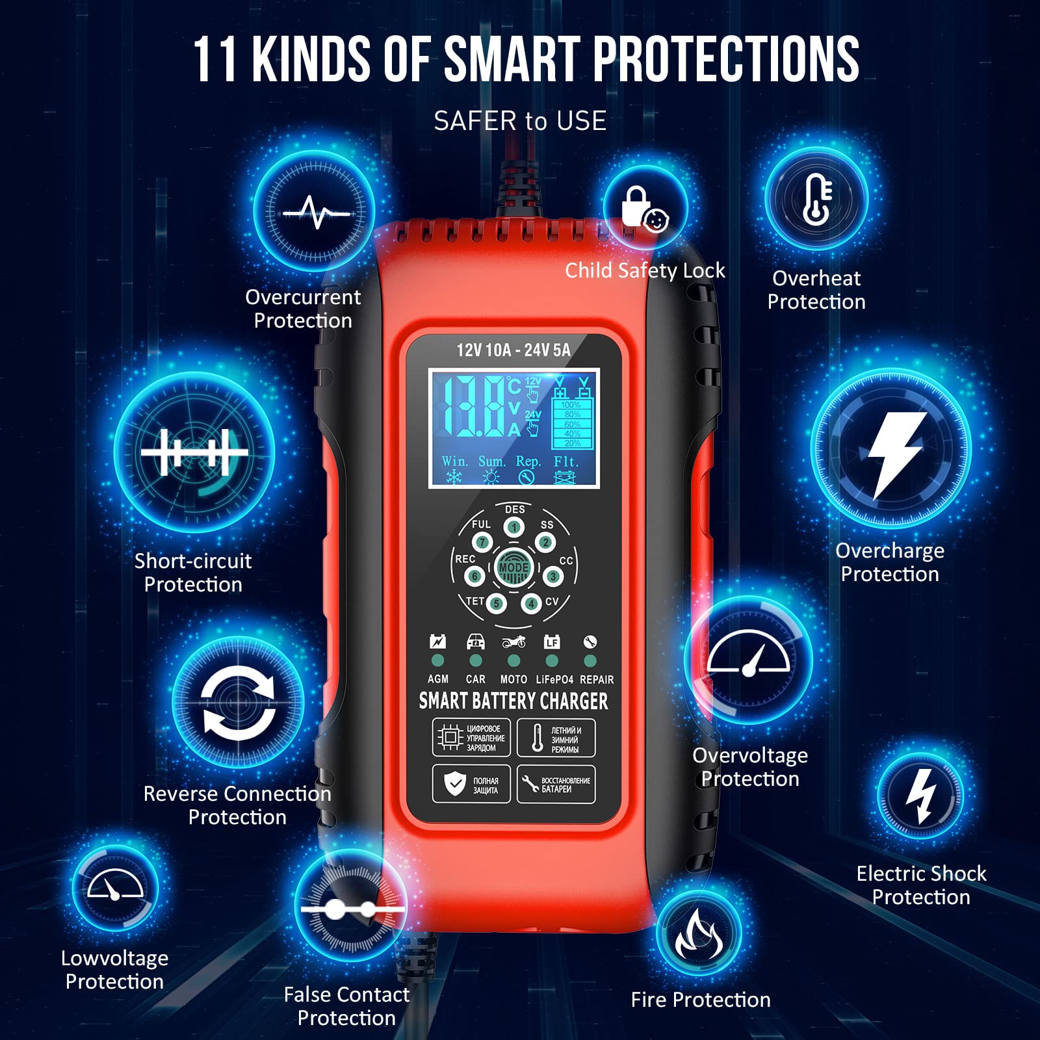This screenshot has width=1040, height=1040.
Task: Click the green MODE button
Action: pyautogui.click(x=513, y=568)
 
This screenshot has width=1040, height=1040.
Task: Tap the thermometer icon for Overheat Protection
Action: pyautogui.click(x=816, y=199)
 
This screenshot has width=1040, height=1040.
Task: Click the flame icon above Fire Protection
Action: pyautogui.click(x=699, y=933)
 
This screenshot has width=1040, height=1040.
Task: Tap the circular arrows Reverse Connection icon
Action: pyautogui.click(x=238, y=703)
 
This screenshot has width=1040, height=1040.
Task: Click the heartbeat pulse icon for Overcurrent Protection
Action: pyautogui.click(x=315, y=212)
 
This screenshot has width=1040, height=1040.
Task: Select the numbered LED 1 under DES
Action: pyautogui.click(x=514, y=527)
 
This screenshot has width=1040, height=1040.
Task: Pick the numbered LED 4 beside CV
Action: pyautogui.click(x=530, y=604)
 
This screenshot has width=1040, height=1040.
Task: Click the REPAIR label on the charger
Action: pyautogui.click(x=597, y=679)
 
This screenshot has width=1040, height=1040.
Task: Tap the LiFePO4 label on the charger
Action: pyautogui.click(x=554, y=679)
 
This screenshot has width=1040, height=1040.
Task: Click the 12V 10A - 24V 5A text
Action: pyautogui.click(x=513, y=350)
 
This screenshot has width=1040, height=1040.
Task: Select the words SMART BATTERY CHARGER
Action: pyautogui.click(x=513, y=701)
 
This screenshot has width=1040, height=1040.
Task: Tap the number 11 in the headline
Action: pyautogui.click(x=216, y=60)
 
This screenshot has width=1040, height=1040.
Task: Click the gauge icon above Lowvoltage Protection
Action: pyautogui.click(x=115, y=888)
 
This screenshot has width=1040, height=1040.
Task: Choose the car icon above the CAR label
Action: pyautogui.click(x=476, y=642)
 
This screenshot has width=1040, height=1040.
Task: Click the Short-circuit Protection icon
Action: pyautogui.click(x=194, y=451)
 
